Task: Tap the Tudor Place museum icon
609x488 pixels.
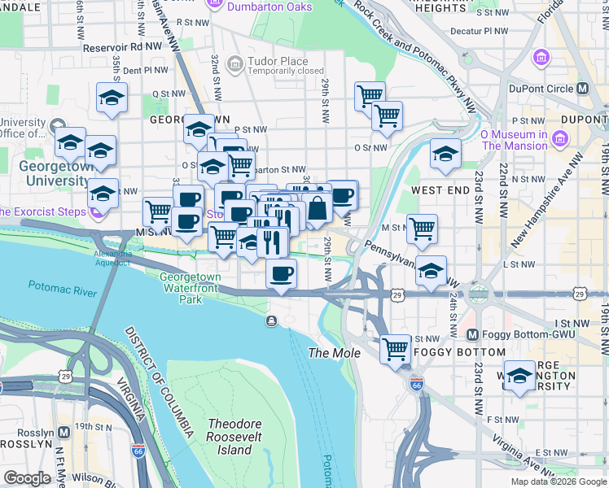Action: point(235,63)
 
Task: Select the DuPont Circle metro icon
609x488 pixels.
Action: point(582,88)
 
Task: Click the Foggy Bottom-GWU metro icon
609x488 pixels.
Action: point(472,334)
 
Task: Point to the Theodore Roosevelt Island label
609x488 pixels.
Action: point(230,437)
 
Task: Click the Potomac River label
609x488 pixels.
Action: point(64,286)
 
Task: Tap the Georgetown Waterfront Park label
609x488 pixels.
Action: point(191,288)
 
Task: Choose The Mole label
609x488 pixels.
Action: point(329,353)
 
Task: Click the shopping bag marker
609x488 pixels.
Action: point(318,208)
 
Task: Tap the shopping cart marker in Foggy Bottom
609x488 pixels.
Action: point(396,349)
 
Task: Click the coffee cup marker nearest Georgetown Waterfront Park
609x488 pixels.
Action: point(282,273)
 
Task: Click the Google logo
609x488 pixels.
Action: point(27,478)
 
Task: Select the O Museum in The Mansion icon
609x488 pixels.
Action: point(559,140)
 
